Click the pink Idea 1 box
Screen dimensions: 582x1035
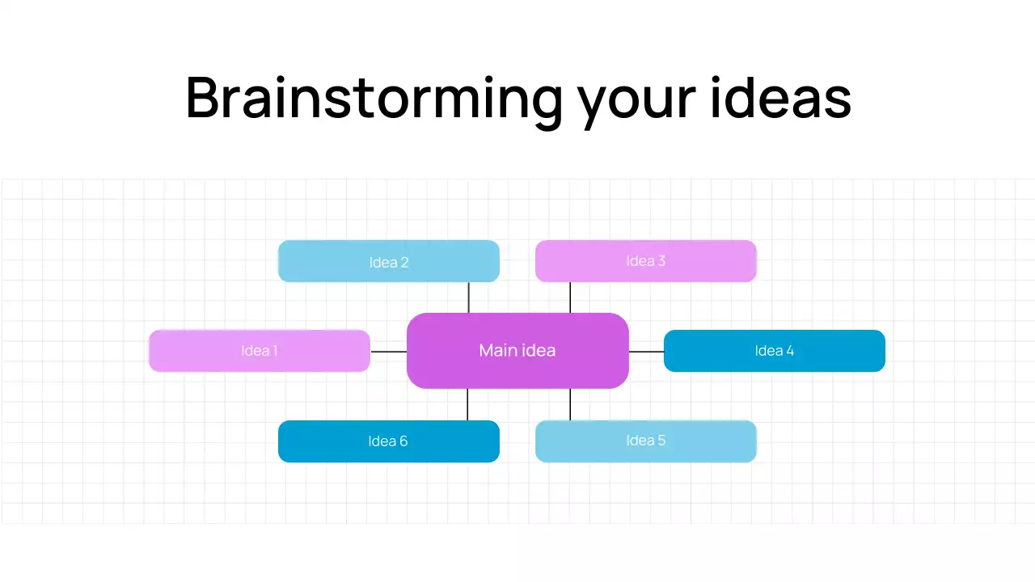(x=260, y=351)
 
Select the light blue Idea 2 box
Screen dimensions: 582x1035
(x=389, y=261)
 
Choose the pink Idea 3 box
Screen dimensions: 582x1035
(x=645, y=261)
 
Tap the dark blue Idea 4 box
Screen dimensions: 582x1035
(x=774, y=351)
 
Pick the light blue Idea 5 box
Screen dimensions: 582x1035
(x=645, y=441)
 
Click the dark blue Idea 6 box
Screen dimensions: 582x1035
(x=389, y=441)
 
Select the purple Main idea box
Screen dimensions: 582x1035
(x=517, y=351)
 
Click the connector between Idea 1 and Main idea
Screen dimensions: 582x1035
(x=388, y=352)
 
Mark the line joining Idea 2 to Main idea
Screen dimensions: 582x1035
(x=468, y=297)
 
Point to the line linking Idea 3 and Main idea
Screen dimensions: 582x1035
(x=570, y=297)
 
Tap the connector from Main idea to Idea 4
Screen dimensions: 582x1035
(x=646, y=352)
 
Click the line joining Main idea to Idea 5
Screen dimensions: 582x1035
(x=570, y=404)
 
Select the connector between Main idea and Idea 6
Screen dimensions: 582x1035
(x=467, y=404)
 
